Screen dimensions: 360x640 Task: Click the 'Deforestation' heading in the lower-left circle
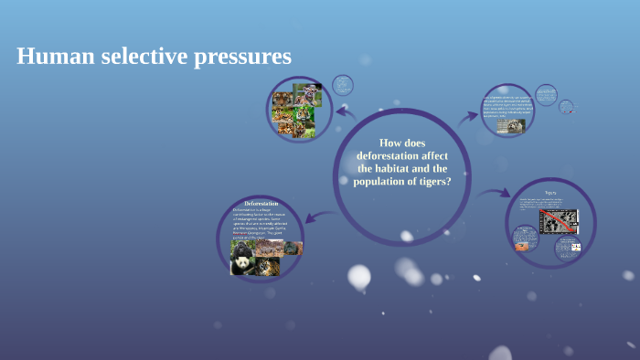click(x=261, y=202)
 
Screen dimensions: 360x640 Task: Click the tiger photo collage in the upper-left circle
click(x=293, y=107)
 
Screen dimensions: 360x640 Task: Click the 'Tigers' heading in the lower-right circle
click(x=550, y=194)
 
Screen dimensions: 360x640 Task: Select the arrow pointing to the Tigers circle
click(x=495, y=193)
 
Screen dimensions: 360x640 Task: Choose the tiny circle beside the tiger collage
click(x=342, y=85)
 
